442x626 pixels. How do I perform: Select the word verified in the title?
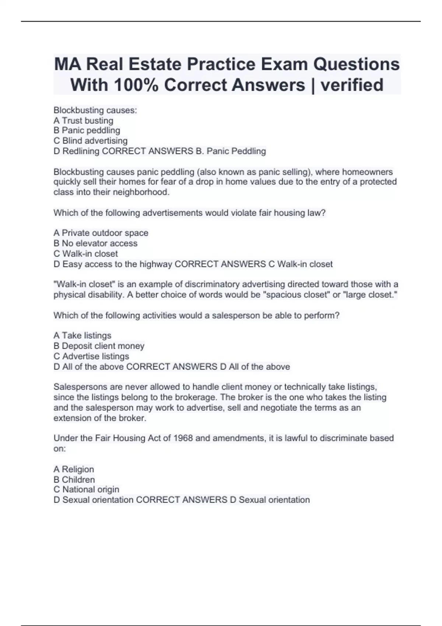(352, 85)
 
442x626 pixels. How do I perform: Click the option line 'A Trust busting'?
(83, 120)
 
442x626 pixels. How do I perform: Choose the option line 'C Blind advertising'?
(90, 141)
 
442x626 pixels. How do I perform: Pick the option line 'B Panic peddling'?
(87, 130)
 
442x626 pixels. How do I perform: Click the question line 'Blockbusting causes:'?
(95, 110)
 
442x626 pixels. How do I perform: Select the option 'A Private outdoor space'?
(101, 233)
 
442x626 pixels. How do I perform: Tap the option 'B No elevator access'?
(95, 243)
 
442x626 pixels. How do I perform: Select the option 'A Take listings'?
(82, 335)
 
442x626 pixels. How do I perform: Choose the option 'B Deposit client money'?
(99, 346)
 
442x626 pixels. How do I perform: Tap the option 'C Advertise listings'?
(91, 356)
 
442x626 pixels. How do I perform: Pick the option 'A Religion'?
(74, 469)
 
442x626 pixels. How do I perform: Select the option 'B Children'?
(74, 479)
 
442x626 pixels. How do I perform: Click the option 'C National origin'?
(86, 489)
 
